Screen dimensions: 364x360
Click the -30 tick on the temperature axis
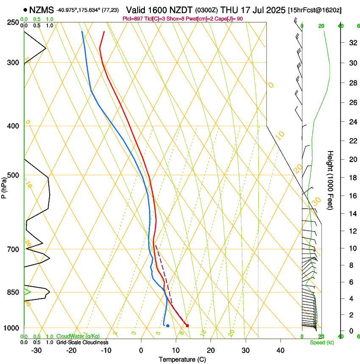point(37,350)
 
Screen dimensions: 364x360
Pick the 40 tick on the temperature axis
point(280,350)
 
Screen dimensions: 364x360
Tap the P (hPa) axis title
point(4,185)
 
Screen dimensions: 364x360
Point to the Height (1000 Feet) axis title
point(330,180)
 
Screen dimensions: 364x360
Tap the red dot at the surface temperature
point(187,325)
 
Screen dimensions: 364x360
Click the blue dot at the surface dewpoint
point(168,325)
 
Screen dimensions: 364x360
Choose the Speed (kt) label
point(322,342)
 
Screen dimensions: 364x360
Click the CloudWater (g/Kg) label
point(78,336)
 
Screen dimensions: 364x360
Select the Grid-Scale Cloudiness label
point(82,342)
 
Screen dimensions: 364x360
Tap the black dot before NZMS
point(25,9)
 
